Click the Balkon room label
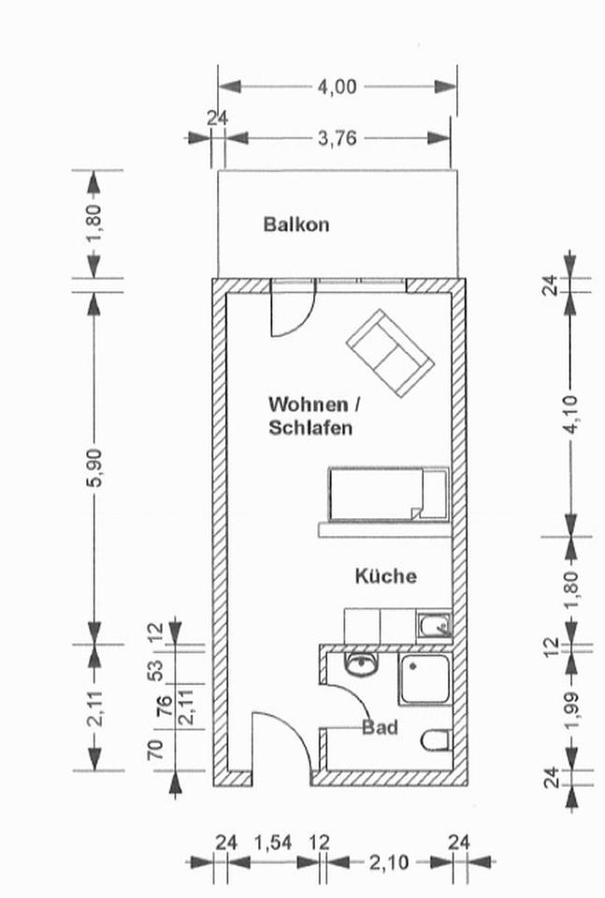[295, 224]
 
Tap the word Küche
[385, 576]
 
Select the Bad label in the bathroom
[381, 727]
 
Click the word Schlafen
[310, 428]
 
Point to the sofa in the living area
[388, 353]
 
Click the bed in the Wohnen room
[387, 492]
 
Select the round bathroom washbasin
[360, 665]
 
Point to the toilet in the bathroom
[436, 741]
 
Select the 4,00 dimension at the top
[337, 87]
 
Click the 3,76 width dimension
[337, 138]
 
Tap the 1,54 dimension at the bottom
[272, 843]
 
